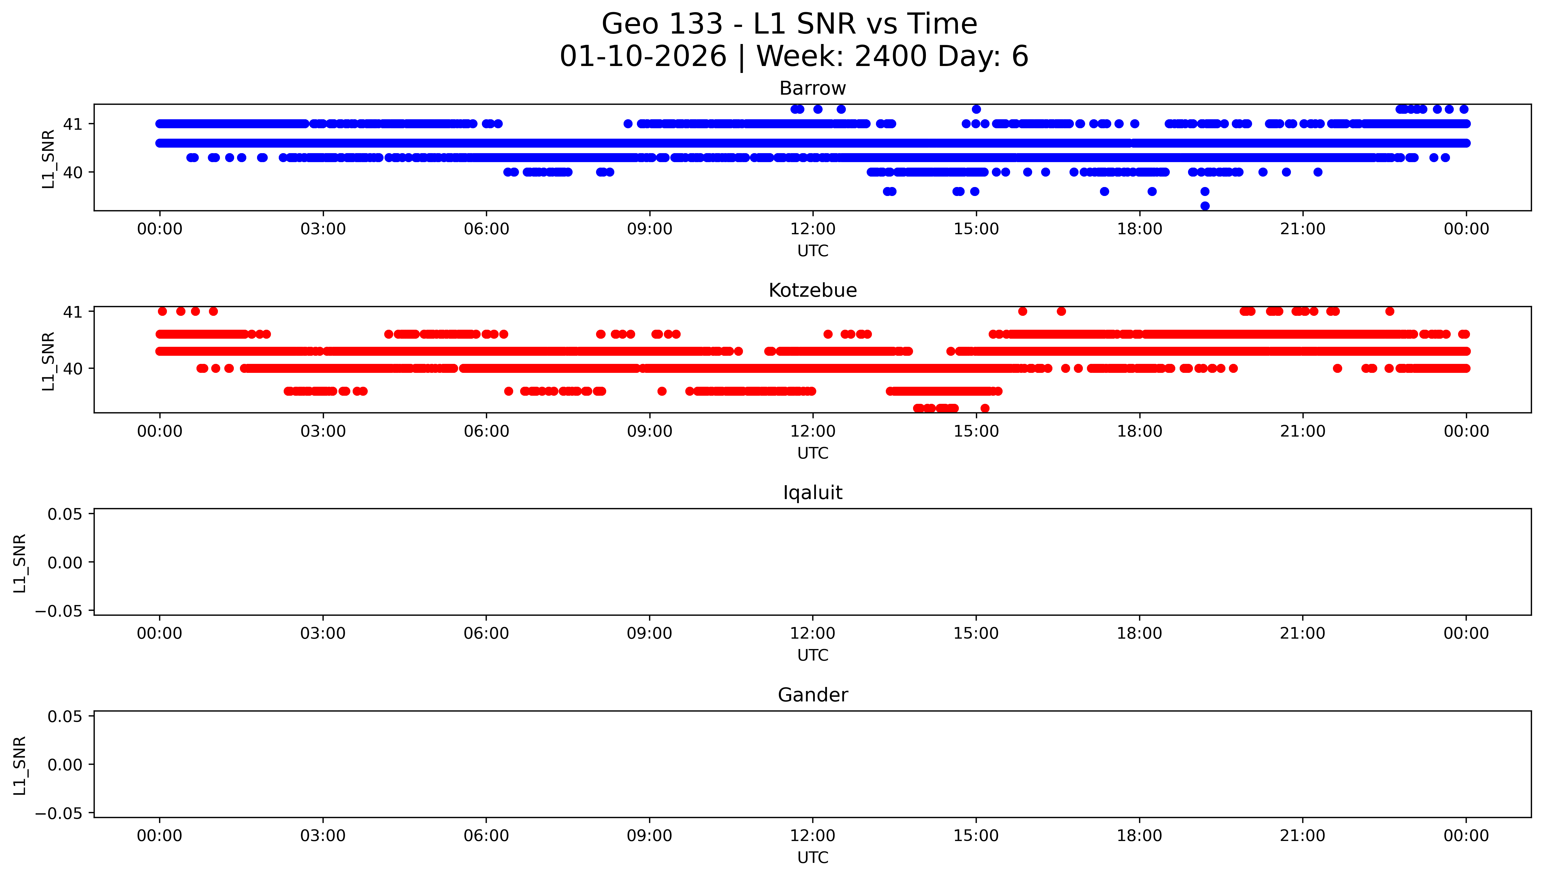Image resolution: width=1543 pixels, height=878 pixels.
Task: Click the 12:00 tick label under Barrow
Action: pyautogui.click(x=813, y=229)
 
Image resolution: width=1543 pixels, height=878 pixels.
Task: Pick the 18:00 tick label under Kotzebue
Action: pyautogui.click(x=1139, y=431)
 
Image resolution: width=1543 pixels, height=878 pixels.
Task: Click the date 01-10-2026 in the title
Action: pyautogui.click(x=643, y=57)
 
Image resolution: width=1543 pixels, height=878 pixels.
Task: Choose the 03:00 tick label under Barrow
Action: pyautogui.click(x=323, y=229)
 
